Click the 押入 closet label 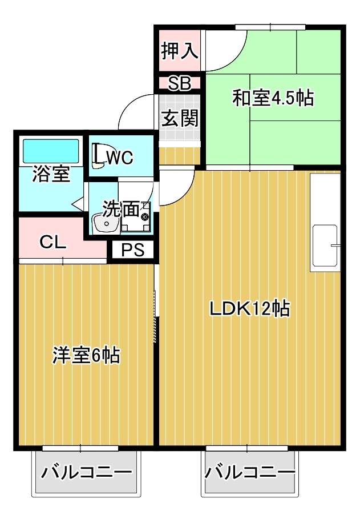click(179, 51)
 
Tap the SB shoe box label click(179, 83)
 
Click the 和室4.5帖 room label click(273, 98)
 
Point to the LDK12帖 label click(250, 309)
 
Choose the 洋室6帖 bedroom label click(86, 355)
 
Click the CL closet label click(53, 242)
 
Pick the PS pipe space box click(132, 250)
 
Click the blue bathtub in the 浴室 click(50, 151)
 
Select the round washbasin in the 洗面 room click(105, 223)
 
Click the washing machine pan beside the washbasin click(136, 217)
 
